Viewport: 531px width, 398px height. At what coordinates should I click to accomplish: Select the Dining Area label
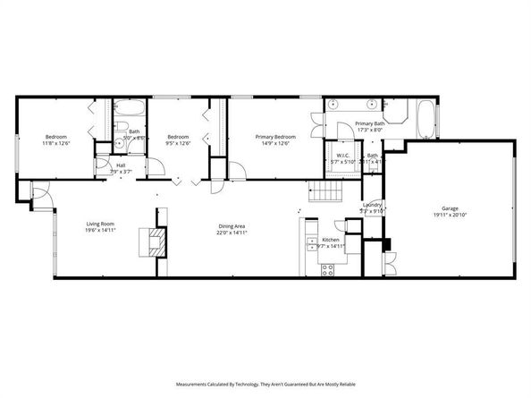(232, 225)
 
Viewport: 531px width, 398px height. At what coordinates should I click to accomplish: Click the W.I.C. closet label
(344, 155)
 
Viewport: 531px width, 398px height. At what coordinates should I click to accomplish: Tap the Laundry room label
(373, 205)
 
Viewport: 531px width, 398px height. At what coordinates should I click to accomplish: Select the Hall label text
(121, 165)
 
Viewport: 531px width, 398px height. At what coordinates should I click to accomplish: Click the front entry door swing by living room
(40, 194)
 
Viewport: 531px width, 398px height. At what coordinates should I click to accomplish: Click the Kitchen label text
(331, 240)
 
